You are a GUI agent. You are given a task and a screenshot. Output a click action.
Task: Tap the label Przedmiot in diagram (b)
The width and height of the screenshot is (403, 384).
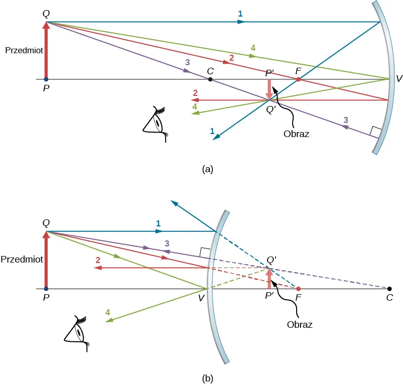click(22, 260)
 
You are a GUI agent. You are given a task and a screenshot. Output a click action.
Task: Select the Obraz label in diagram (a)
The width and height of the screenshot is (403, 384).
click(296, 134)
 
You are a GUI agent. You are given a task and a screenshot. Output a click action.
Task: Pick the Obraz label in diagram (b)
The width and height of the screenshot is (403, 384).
click(300, 324)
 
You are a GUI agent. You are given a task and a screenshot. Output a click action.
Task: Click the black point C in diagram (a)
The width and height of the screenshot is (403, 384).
click(210, 79)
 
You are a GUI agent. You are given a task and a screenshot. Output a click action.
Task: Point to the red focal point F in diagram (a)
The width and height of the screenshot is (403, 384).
click(298, 79)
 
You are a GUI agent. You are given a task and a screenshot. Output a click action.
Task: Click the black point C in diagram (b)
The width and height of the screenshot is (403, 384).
click(389, 289)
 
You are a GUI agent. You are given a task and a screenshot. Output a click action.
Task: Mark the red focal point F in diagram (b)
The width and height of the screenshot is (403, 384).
click(299, 289)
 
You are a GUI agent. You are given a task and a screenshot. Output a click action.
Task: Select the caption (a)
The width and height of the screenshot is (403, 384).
click(208, 169)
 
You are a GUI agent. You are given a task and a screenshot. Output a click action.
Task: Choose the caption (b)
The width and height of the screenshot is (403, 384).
click(208, 378)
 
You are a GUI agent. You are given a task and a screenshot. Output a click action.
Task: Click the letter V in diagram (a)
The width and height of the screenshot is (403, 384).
click(398, 79)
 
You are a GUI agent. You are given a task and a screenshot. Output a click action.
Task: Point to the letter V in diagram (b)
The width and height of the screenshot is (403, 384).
click(201, 298)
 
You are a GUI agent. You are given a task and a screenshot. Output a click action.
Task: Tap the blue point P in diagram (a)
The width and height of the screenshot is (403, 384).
click(46, 79)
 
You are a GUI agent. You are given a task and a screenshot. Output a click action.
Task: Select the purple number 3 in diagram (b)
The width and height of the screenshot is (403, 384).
click(167, 243)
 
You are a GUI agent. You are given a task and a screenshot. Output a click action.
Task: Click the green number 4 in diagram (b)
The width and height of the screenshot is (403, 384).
click(107, 312)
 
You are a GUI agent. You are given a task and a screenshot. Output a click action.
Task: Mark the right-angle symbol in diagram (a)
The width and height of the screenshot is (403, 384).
click(373, 132)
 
